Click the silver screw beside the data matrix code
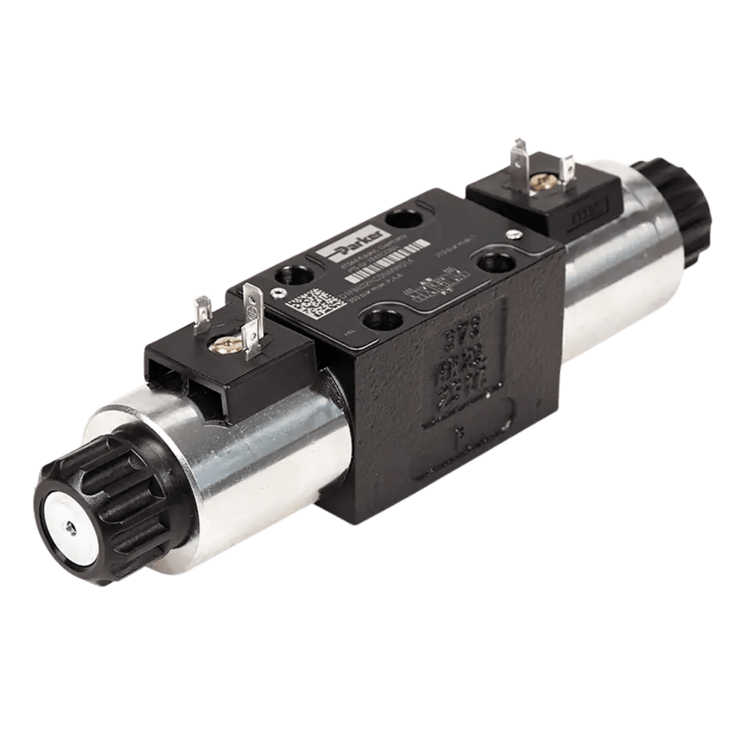tap(275, 293)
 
